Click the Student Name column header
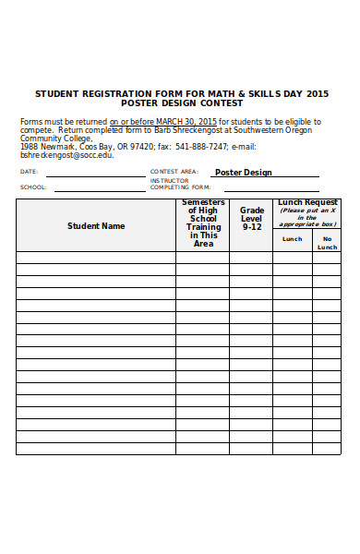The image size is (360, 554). point(95,225)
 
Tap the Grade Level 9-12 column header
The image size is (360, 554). point(252,219)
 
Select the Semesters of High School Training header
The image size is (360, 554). point(203,223)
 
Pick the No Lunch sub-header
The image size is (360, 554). point(327,243)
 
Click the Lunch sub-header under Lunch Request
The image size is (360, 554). point(292,239)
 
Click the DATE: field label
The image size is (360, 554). point(29,172)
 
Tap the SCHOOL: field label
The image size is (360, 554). point(32,187)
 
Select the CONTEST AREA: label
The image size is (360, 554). point(174,172)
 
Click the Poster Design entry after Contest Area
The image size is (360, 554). point(243,172)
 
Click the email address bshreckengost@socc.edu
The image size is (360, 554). point(66,155)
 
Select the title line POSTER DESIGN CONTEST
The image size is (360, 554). point(181,103)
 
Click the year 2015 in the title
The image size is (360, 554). point(317,94)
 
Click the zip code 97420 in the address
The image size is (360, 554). point(142,146)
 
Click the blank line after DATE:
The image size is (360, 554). point(92,174)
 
